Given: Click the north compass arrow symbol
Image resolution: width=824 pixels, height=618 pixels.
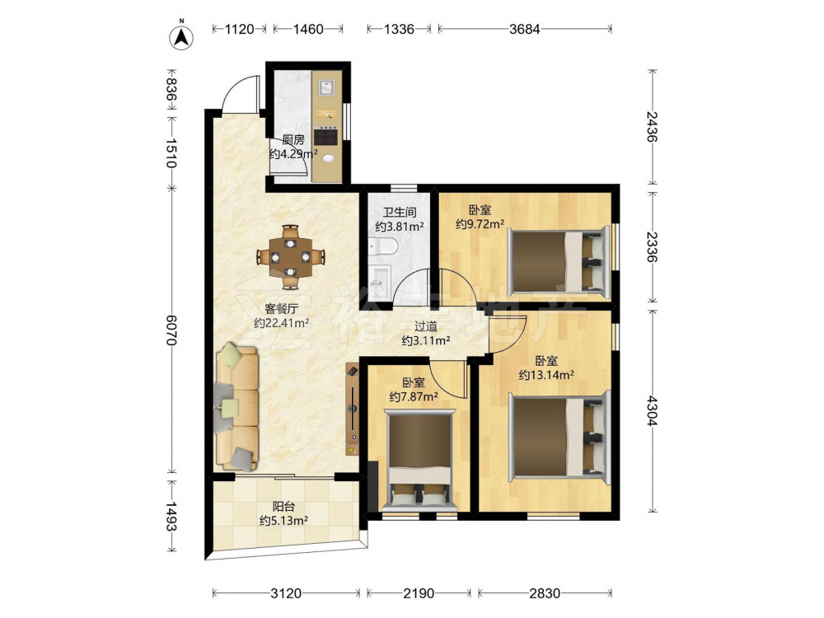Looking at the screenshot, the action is (x=181, y=35).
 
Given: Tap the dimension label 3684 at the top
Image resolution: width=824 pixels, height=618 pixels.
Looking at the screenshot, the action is (x=524, y=30).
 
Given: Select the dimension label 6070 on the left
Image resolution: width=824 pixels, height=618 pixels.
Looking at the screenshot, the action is (x=171, y=330).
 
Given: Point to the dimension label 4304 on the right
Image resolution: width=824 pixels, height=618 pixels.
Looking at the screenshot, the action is (x=652, y=410).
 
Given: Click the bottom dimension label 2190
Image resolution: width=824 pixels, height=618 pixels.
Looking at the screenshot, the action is (x=419, y=594).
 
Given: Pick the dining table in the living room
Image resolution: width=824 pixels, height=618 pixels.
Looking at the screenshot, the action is (x=291, y=257).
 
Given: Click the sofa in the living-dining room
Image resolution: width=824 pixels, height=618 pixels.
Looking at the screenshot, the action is (x=237, y=407).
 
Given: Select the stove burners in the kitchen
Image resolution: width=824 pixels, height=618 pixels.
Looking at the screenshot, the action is (x=325, y=137).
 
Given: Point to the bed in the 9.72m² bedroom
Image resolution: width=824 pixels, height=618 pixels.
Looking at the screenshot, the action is (x=559, y=260).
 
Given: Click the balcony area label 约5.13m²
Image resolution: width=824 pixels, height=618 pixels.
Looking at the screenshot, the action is (x=283, y=521).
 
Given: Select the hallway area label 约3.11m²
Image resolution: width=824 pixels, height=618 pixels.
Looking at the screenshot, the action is (x=426, y=340).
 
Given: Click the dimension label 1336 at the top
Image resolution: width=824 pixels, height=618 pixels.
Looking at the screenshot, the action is (x=399, y=30).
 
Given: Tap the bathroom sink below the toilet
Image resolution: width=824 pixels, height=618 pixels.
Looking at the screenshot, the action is (x=380, y=276).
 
